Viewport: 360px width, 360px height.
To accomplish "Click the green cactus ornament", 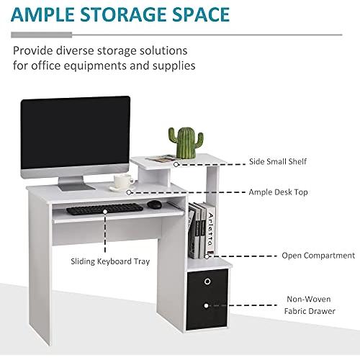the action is (186, 143).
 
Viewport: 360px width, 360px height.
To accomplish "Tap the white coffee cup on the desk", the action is (123, 181).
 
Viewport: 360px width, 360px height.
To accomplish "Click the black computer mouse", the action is (154, 204).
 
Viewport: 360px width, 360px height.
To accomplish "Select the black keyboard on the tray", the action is (104, 209).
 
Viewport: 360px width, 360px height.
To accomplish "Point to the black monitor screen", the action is (76, 132).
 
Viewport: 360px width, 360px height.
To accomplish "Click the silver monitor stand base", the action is (76, 186).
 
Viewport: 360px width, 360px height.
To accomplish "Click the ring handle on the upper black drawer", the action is (207, 282).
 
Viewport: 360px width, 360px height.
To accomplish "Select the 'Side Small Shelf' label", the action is (278, 161).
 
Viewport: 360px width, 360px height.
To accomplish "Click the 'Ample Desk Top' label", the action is (278, 192).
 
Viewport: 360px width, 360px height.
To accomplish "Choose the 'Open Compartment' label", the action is (318, 256).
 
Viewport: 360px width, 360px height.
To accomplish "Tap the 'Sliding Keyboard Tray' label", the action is (110, 261).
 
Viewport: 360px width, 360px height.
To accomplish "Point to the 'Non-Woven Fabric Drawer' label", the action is (310, 305).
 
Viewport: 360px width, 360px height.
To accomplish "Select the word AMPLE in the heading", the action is (42, 14).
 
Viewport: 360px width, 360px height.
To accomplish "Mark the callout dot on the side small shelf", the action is (176, 164).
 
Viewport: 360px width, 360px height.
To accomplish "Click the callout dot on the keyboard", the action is (105, 212).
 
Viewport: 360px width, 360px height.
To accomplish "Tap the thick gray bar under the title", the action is (42, 35).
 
